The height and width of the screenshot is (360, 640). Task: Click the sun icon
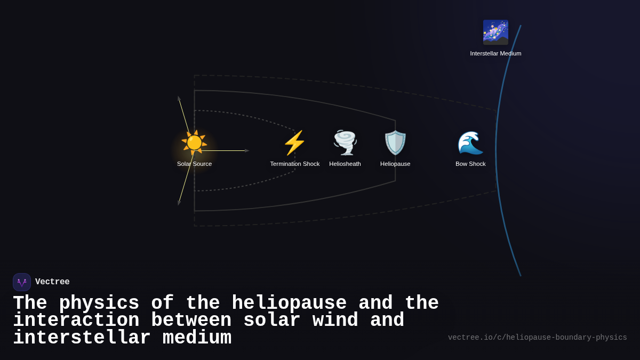(194, 142)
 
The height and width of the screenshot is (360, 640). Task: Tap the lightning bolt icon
(294, 142)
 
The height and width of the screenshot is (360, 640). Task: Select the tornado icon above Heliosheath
(345, 142)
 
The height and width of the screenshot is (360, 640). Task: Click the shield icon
(395, 142)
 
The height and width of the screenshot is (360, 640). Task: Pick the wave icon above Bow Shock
(470, 142)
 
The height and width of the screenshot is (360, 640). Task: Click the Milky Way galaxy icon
(495, 33)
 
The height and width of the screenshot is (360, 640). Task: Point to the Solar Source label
(194, 164)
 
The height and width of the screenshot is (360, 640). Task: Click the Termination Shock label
(294, 164)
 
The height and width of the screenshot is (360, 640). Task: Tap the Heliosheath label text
(345, 164)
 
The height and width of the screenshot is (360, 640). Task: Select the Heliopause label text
(395, 164)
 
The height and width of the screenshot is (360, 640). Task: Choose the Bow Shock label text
(470, 164)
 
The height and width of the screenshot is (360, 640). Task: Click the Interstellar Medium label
(495, 53)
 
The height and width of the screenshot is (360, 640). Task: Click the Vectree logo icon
(22, 282)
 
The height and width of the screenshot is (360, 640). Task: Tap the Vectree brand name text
(52, 282)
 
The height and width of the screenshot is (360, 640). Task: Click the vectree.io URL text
(537, 338)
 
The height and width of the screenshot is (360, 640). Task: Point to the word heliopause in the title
(289, 303)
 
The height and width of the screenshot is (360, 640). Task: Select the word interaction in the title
(76, 321)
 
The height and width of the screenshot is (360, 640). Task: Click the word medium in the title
(197, 338)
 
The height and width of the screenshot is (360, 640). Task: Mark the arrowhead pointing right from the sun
(247, 150)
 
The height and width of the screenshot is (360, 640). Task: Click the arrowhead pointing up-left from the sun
(179, 99)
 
